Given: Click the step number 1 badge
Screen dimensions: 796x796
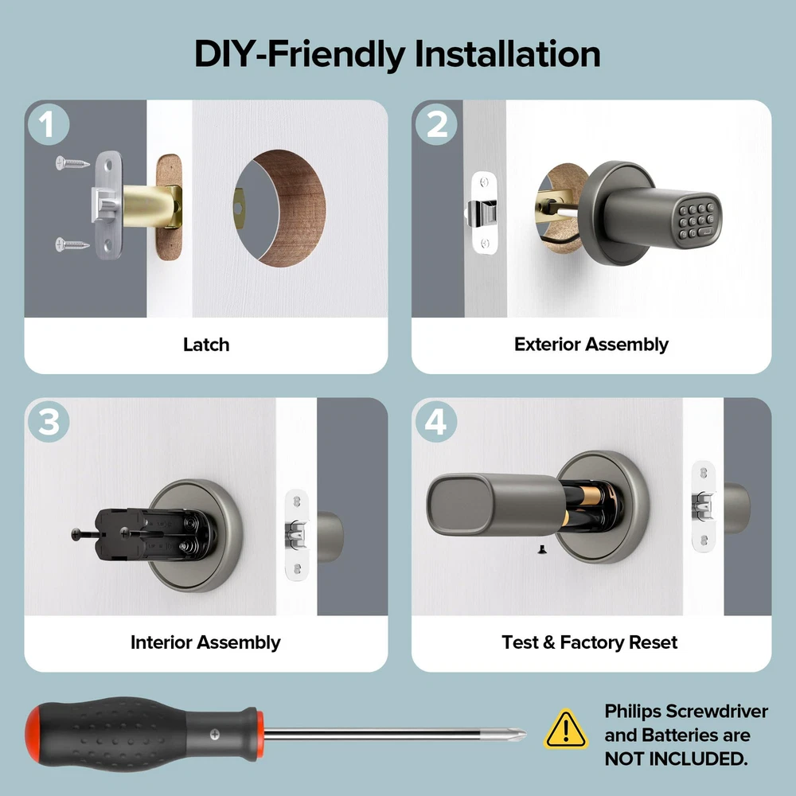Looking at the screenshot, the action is click(49, 124).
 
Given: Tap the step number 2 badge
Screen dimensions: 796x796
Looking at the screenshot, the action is click(436, 124).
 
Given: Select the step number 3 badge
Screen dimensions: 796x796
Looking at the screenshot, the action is click(49, 422).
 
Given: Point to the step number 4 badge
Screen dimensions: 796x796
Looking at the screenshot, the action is click(436, 422).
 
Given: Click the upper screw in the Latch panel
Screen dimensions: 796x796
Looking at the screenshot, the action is click(72, 163).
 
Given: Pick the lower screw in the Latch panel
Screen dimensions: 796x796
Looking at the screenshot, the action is click(72, 244).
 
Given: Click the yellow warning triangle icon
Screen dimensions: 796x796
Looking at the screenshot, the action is click(565, 729).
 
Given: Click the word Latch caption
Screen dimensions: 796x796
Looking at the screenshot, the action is click(206, 345).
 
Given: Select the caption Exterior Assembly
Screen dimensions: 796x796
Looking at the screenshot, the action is click(591, 344).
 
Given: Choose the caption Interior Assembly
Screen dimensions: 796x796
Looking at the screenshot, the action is click(205, 642).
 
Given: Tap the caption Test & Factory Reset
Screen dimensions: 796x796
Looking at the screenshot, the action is click(589, 642).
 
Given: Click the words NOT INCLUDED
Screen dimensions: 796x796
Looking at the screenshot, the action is click(676, 759).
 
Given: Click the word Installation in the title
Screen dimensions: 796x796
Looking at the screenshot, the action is click(508, 54).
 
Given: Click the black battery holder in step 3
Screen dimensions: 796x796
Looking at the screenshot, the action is click(152, 535).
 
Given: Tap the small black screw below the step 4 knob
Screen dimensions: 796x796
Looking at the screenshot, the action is click(541, 549).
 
